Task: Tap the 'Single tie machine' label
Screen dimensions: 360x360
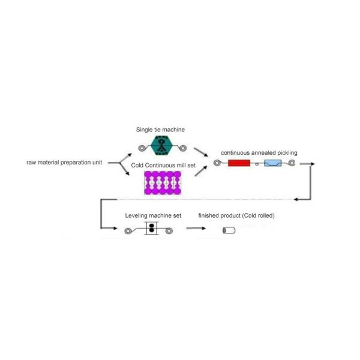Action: pos(160,130)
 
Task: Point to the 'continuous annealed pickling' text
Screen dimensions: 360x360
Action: pos(259,153)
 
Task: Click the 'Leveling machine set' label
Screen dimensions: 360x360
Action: pos(153,215)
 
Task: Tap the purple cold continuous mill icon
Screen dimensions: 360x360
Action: pos(162,182)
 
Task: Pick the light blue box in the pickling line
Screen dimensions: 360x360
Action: pos(272,163)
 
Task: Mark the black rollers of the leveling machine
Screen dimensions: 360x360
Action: pos(152,229)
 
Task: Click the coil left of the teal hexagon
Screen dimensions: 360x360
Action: pos(142,147)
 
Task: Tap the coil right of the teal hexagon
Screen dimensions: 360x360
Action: pos(183,147)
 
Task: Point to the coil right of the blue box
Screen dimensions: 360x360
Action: pos(292,163)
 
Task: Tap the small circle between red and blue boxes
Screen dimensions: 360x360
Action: pos(256,164)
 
